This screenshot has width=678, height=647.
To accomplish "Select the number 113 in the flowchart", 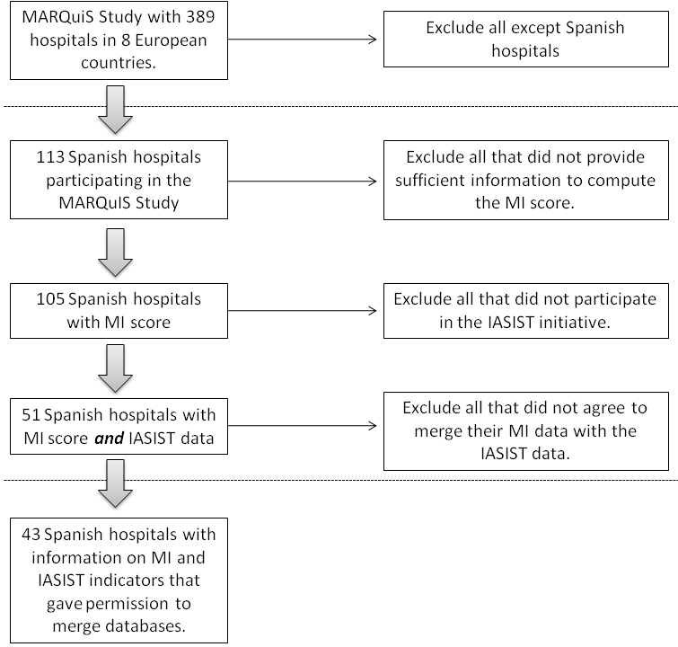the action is point(50,157).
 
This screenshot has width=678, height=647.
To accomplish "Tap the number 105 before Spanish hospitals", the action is point(50,299).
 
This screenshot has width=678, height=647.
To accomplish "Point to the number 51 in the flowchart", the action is point(31,415).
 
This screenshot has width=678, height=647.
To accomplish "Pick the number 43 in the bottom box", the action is point(31,535).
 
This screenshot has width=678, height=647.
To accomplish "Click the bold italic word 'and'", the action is point(109,439).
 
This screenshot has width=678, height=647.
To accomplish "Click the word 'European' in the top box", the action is point(171,40).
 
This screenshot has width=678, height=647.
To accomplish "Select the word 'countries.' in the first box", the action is point(119,63).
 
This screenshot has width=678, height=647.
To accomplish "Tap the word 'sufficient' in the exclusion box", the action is point(431,180).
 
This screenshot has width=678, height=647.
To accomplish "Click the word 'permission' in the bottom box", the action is point(128,604).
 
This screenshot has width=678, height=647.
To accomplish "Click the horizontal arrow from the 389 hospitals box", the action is point(303,40).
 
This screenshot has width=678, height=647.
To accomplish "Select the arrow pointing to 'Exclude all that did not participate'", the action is point(303,311).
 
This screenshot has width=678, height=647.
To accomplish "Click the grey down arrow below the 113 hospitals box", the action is point(115,253).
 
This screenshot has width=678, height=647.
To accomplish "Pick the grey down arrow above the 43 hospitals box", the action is point(115,483).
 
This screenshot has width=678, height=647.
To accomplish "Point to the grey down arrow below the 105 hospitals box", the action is point(115,368).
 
